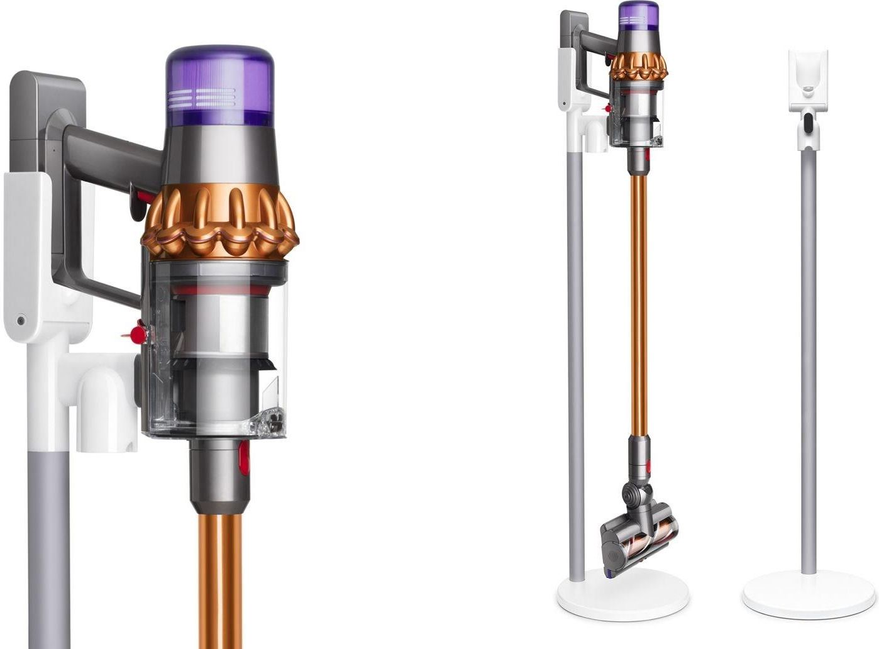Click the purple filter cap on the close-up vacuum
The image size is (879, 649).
coord(219,86)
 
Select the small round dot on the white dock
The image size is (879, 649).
coord(22,320)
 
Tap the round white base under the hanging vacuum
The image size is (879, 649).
coord(622,594)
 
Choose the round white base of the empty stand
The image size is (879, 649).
coord(808,594)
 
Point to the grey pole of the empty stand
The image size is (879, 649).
coord(809,352)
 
